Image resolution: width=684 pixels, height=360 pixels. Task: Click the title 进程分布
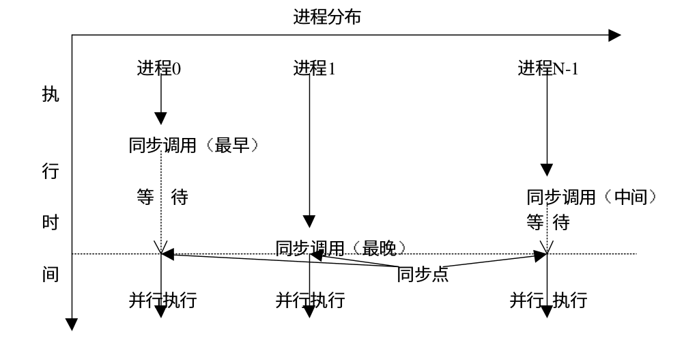click(326, 16)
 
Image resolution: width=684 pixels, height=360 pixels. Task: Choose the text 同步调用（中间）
click(592, 197)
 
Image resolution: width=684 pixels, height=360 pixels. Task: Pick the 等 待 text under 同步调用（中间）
click(548, 222)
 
